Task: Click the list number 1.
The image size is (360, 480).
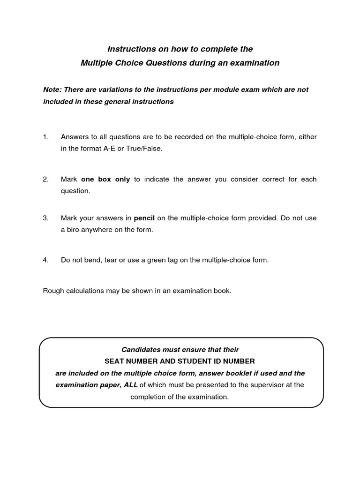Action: tap(45, 137)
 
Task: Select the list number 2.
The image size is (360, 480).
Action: tap(45, 180)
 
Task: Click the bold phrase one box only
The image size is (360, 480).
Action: tap(105, 180)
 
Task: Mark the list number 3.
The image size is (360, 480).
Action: tap(45, 218)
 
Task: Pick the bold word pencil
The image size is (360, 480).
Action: tap(144, 218)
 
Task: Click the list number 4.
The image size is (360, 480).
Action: tap(45, 260)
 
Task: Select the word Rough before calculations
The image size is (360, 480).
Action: tap(53, 291)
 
